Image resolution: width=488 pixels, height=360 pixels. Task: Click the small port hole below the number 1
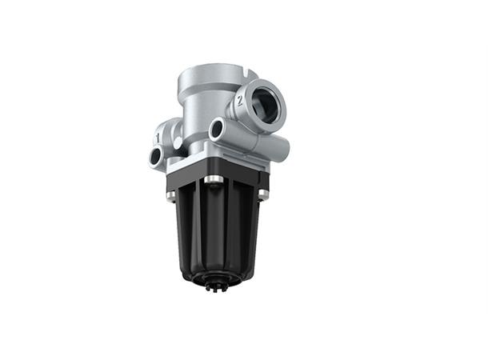tap(155, 158)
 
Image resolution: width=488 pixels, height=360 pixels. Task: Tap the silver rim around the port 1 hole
tap(149, 154)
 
